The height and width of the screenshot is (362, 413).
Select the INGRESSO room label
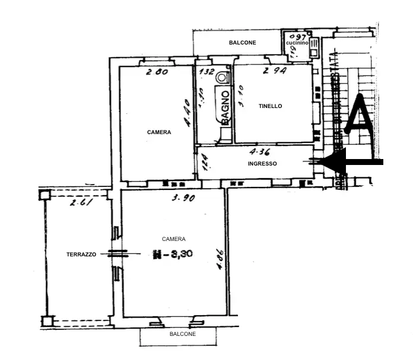(262, 164)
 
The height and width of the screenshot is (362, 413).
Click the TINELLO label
(270, 106)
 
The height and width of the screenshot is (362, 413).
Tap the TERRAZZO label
(81, 254)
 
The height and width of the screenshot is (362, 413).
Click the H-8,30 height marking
(174, 255)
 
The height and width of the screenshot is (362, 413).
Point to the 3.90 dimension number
(183, 198)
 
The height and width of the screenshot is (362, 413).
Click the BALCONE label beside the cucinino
(242, 43)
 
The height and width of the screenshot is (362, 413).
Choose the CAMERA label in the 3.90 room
(174, 239)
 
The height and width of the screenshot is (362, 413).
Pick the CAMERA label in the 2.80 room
(159, 132)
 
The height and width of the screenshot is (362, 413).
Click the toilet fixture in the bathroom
(223, 76)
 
